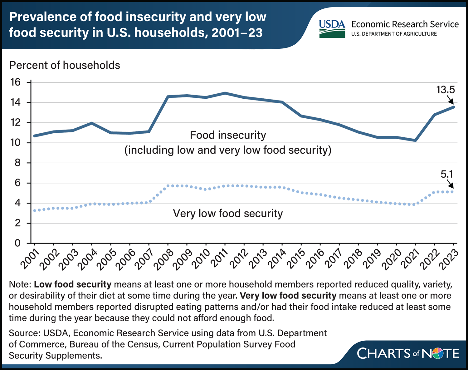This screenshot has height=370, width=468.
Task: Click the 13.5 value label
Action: [x=445, y=90]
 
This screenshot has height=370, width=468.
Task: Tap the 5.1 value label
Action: [x=446, y=174]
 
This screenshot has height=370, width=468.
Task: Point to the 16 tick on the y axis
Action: [x=15, y=82]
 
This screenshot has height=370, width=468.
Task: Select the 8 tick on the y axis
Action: [x=17, y=163]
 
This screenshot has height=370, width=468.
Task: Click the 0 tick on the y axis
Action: [x=17, y=243]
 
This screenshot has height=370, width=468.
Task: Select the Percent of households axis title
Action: [x=65, y=65]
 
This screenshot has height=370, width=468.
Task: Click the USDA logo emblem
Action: [x=332, y=29]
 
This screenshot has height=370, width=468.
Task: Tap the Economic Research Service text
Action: [x=405, y=24]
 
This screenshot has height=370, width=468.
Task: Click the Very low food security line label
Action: [x=228, y=214]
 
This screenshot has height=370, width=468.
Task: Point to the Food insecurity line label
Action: [x=228, y=135]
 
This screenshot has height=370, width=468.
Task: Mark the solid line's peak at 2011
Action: [x=225, y=93]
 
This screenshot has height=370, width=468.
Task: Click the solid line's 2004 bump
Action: [x=92, y=123]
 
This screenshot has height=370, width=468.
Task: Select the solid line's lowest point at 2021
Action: [x=415, y=140]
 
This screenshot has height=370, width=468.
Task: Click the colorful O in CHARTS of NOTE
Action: [x=438, y=353]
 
